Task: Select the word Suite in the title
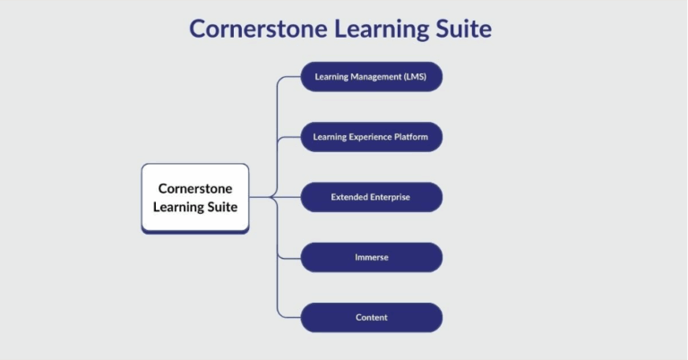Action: point(461,29)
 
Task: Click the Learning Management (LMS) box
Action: point(371,77)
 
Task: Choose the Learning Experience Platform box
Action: point(371,137)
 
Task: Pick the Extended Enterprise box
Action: point(371,197)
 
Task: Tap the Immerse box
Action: point(371,257)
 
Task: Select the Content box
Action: point(371,318)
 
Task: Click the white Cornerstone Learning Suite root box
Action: point(195,198)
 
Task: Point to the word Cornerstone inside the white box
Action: point(195,189)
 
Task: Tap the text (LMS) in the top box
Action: point(414,77)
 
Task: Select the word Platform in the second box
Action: point(408,137)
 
